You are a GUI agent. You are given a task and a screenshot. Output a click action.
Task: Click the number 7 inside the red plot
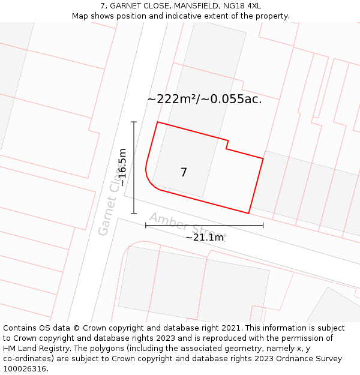point(184,173)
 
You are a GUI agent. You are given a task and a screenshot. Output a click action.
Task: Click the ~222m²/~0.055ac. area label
point(204,100)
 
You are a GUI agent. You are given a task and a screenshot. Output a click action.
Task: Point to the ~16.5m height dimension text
point(122,167)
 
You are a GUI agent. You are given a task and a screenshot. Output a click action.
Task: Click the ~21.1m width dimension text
point(204,238)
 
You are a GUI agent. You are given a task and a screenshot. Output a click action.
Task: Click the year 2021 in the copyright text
point(231,328)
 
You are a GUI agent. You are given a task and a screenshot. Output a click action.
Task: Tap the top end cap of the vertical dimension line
point(134,122)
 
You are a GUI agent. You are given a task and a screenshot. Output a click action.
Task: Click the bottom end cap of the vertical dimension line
point(134,213)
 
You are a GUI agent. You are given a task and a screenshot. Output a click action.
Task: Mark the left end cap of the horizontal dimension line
point(146,225)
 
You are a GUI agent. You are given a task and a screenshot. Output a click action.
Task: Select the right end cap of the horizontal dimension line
point(263,225)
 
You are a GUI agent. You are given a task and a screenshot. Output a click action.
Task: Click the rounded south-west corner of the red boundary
point(151,183)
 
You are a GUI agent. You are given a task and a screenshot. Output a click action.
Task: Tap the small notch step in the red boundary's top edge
point(227,145)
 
